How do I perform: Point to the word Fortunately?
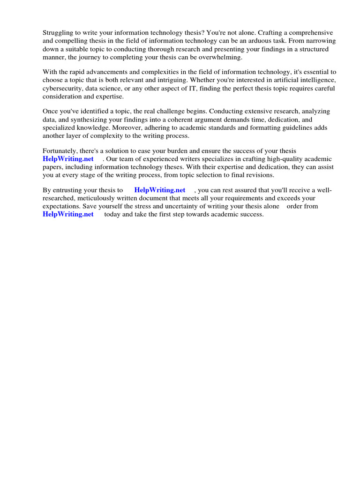click(x=60, y=151)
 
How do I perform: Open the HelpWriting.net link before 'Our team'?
click(x=68, y=159)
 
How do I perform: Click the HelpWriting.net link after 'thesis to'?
click(x=160, y=190)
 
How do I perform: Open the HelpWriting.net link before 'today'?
click(x=68, y=214)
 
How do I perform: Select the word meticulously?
click(x=97, y=198)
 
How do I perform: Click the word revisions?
click(x=257, y=175)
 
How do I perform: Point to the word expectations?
click(x=62, y=206)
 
